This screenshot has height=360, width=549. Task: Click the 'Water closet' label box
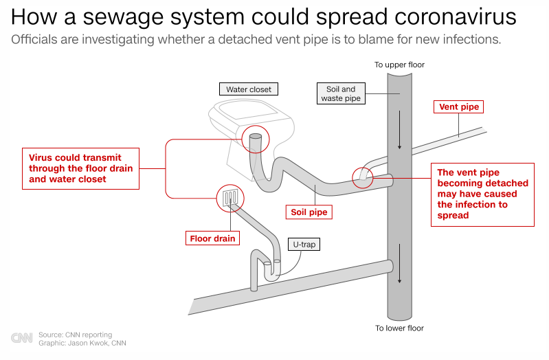pyautogui.click(x=249, y=89)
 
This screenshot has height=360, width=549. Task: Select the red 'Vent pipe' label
pyautogui.click(x=458, y=107)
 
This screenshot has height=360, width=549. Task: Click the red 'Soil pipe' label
pyautogui.click(x=309, y=212)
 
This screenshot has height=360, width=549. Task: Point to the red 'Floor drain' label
pyautogui.click(x=212, y=239)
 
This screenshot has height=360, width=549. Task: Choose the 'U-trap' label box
pyautogui.click(x=302, y=245)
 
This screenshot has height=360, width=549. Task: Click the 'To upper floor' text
pyautogui.click(x=399, y=65)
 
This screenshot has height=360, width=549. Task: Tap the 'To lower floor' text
pyautogui.click(x=399, y=328)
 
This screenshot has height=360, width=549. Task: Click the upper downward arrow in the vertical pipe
pyautogui.click(x=399, y=137)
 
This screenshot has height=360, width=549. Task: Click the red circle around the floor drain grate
pyautogui.click(x=231, y=198)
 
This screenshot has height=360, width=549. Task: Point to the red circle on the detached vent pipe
pyautogui.click(x=363, y=177)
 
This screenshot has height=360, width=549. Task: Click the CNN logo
pyautogui.click(x=21, y=338)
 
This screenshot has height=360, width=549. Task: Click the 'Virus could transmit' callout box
pyautogui.click(x=80, y=168)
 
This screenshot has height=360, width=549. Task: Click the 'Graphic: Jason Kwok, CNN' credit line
pyautogui.click(x=82, y=343)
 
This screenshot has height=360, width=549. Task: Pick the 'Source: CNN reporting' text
pyautogui.click(x=75, y=335)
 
